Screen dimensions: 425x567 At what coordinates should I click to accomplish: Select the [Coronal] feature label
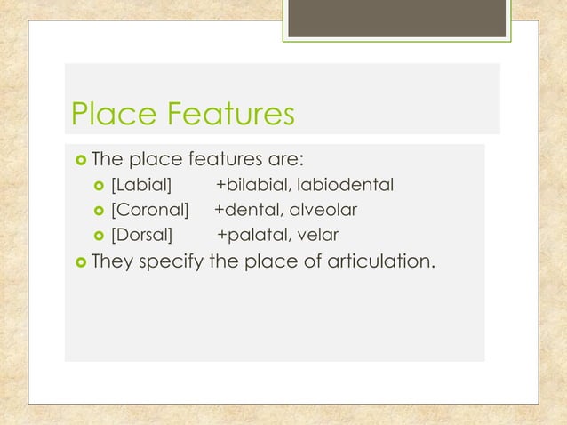149,211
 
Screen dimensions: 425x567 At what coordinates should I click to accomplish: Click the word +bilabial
253,186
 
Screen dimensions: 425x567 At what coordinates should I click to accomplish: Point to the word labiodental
346,186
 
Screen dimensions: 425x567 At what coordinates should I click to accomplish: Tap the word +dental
248,211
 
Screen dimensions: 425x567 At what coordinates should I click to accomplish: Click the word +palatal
252,236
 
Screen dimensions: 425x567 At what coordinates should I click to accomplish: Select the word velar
318,236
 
